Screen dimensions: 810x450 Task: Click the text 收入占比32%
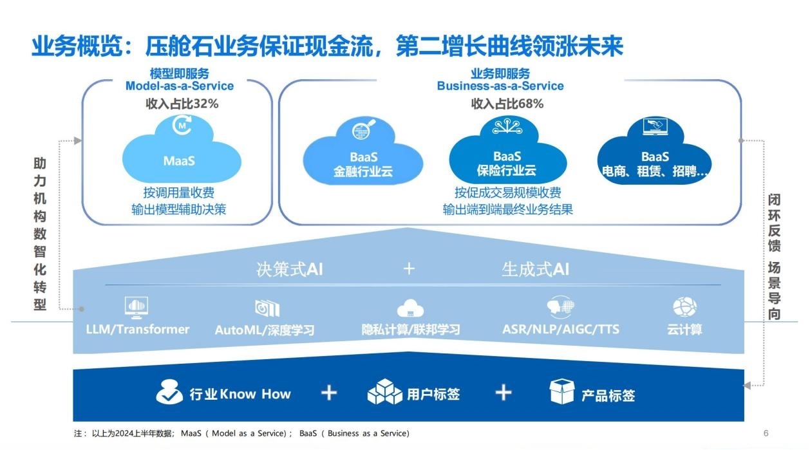pos(182,104)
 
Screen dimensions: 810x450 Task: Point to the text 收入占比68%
pos(507,104)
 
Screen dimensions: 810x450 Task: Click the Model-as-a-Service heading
pos(180,86)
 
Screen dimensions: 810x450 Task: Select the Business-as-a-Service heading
pos(500,86)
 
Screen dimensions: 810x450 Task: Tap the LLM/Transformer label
pos(137,329)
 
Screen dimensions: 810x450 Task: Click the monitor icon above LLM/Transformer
pos(137,308)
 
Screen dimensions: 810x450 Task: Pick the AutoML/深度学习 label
pos(265,330)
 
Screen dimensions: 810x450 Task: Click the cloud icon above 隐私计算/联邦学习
pos(410,308)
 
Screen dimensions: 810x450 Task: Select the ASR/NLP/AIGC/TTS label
pos(561,329)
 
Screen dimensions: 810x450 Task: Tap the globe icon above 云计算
pos(685,307)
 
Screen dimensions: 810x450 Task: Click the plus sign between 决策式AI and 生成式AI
pos(409,268)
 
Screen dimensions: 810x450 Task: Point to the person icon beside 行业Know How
pos(169,391)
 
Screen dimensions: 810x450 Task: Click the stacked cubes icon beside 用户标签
pos(384,391)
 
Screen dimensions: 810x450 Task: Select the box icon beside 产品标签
pos(561,391)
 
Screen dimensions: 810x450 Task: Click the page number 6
pos(766,433)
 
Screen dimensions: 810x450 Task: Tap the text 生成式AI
pos(535,269)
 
